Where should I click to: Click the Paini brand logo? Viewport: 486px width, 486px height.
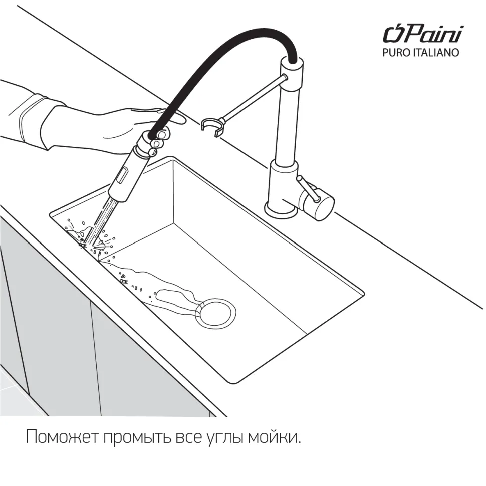[x=423, y=34]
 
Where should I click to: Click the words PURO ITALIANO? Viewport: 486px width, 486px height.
[x=420, y=53]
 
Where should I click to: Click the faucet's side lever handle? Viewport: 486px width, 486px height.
[x=308, y=188]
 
